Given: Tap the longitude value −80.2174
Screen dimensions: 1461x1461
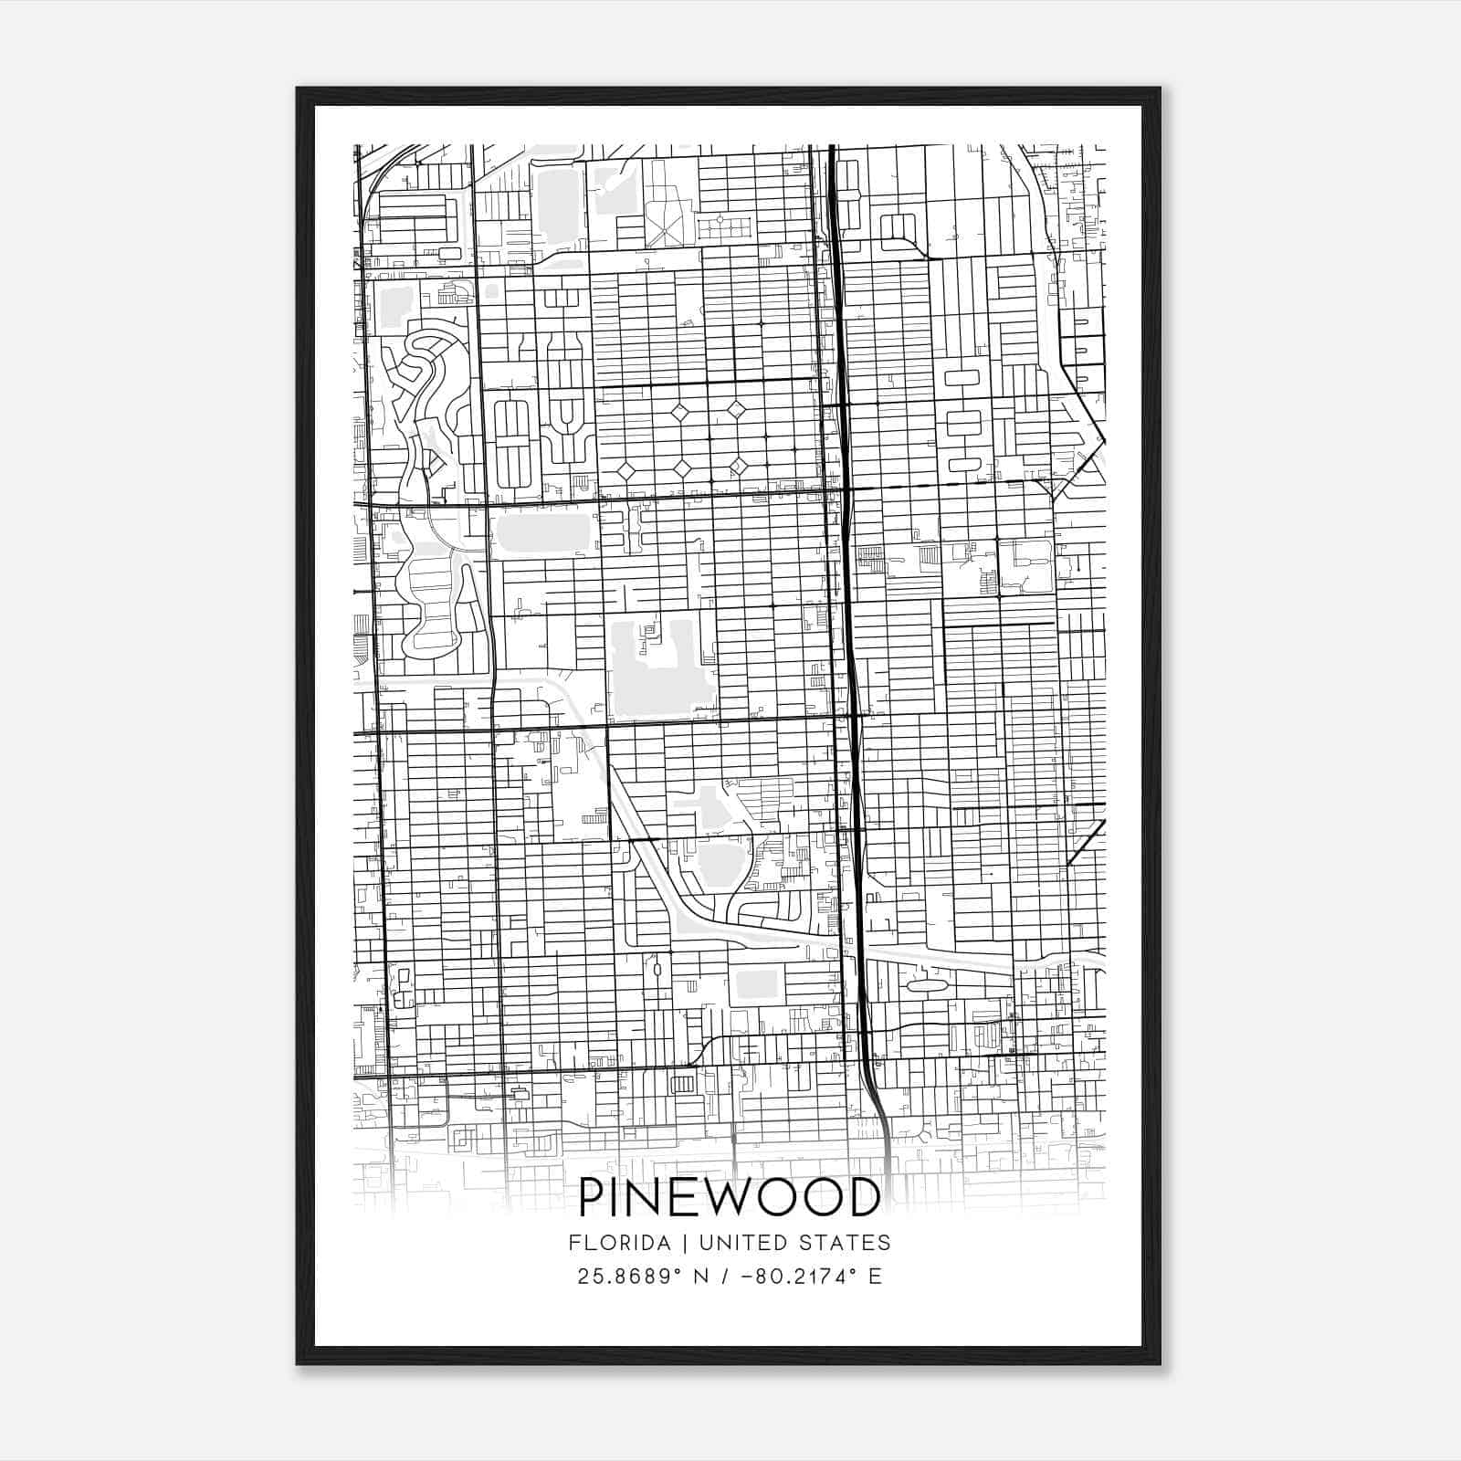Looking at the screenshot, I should point(790,1277).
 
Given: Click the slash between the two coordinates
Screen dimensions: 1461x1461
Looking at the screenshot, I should point(723,1277).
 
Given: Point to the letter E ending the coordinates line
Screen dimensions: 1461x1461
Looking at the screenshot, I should point(875,1277).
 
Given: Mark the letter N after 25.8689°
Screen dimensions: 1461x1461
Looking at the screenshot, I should point(702,1277).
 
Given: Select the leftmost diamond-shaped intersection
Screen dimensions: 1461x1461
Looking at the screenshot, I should point(626,470).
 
